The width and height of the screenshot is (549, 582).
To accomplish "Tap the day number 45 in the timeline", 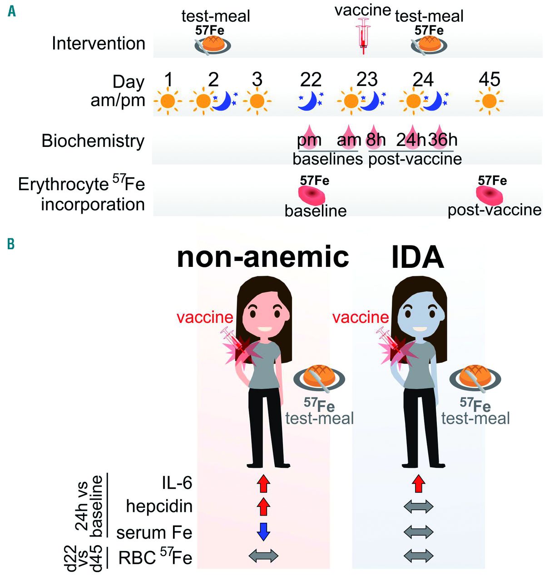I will click(x=490, y=80).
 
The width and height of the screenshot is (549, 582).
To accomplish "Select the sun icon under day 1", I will click(x=168, y=100).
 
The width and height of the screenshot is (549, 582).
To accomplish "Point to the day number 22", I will click(x=311, y=80).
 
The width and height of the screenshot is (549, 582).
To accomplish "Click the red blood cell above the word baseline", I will click(x=312, y=195).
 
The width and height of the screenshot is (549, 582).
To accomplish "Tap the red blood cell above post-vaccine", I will click(x=490, y=195).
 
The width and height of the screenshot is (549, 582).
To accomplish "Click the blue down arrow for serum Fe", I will click(x=263, y=531).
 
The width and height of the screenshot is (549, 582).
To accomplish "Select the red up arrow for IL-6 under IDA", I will click(x=419, y=483).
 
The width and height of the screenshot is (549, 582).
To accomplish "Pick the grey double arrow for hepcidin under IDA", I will click(x=419, y=507).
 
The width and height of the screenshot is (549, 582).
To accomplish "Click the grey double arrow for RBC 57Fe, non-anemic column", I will click(x=263, y=555).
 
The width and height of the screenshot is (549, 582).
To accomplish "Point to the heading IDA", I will click(x=417, y=257).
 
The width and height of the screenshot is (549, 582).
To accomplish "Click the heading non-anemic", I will click(x=263, y=257).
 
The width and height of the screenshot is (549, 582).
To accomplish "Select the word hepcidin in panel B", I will click(x=159, y=506).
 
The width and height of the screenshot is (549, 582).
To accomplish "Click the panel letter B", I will click(x=11, y=244).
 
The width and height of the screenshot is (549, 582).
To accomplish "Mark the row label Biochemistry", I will click(x=93, y=141).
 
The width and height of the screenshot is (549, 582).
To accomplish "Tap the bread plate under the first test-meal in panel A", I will click(x=213, y=44).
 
